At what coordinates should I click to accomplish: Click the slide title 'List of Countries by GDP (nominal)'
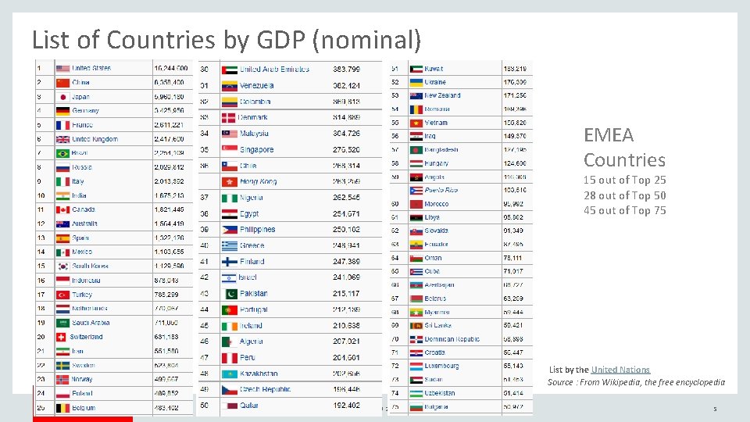[227, 38]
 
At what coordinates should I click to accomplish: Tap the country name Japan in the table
[80, 97]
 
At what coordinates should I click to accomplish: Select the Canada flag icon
[63, 209]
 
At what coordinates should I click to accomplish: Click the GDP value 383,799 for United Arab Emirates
[346, 69]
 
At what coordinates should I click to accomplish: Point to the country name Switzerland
[86, 337]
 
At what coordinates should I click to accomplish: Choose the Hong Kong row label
[258, 181]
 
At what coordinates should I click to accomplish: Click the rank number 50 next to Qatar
[205, 406]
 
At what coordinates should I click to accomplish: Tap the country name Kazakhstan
[259, 374]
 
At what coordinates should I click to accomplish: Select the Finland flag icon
[229, 262]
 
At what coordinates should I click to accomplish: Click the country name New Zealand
[442, 95]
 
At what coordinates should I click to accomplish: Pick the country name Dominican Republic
[452, 339]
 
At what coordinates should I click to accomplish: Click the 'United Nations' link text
[620, 370]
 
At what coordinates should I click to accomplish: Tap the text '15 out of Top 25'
[624, 181]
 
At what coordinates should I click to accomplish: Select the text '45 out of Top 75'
[624, 210]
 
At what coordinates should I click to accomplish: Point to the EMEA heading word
[609, 135]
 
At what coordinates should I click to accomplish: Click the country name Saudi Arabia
[91, 323]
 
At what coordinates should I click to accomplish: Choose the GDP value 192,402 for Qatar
[346, 406]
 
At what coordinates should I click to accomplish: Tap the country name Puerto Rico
[441, 190]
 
